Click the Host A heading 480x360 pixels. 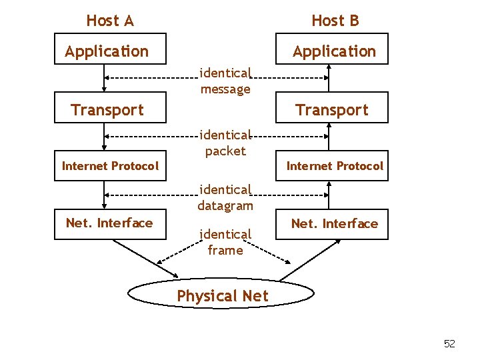pos(110,21)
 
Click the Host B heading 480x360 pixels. pos(335,21)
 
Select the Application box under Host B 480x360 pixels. pos(334,51)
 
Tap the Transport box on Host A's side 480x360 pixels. pos(107,110)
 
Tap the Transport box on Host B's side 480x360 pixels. pos(332,110)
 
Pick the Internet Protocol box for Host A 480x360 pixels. pos(110,166)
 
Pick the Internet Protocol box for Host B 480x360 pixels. pos(335,166)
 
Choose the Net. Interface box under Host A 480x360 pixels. pos(109,223)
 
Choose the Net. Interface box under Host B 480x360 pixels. pos(335,224)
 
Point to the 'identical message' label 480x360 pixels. pos(225,81)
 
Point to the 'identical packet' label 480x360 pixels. pos(225,143)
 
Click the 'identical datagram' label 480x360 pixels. pos(225,198)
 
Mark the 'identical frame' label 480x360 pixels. pos(225,242)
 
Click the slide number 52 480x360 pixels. pos(449,344)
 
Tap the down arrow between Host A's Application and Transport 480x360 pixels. pos(104,78)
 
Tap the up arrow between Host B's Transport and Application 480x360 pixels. pos(327,78)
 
